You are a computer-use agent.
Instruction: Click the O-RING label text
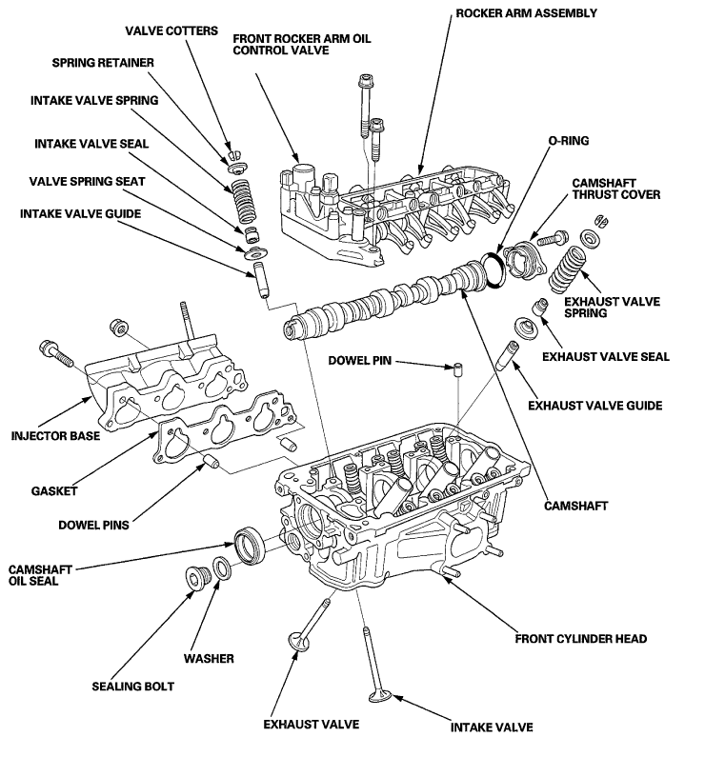(568, 141)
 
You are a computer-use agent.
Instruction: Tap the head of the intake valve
(381, 696)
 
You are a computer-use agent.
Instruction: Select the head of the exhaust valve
(298, 642)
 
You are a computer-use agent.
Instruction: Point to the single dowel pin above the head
(459, 369)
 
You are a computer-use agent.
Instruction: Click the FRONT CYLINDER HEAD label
(580, 639)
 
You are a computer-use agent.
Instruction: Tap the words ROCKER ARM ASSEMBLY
(526, 13)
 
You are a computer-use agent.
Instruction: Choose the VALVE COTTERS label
(171, 30)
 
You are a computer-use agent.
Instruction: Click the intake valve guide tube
(261, 280)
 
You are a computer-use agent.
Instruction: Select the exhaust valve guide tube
(507, 355)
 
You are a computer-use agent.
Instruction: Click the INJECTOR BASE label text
(55, 436)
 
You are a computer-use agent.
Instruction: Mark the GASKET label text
(54, 491)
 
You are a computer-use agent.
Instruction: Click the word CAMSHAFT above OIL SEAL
(40, 569)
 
